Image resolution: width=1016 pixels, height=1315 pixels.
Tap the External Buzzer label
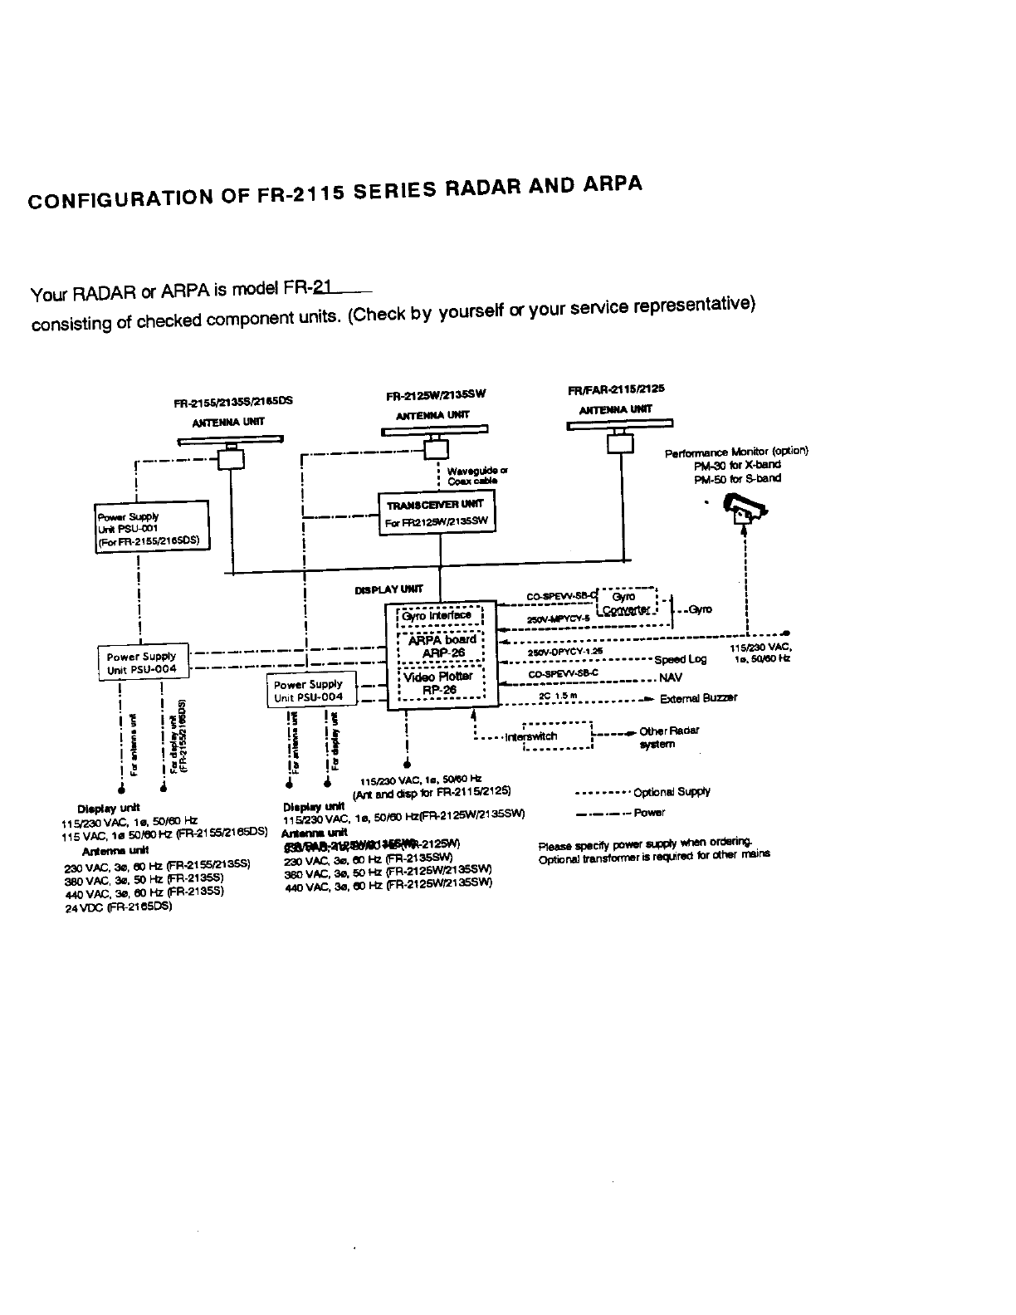tap(698, 698)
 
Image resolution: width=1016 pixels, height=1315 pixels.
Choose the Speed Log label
tap(680, 659)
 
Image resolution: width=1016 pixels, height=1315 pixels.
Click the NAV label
tap(670, 678)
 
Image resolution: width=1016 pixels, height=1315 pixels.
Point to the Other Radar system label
tap(668, 737)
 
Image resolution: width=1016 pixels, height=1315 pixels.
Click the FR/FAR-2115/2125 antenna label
tap(616, 389)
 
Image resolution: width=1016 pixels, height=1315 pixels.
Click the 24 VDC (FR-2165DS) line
tap(118, 907)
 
